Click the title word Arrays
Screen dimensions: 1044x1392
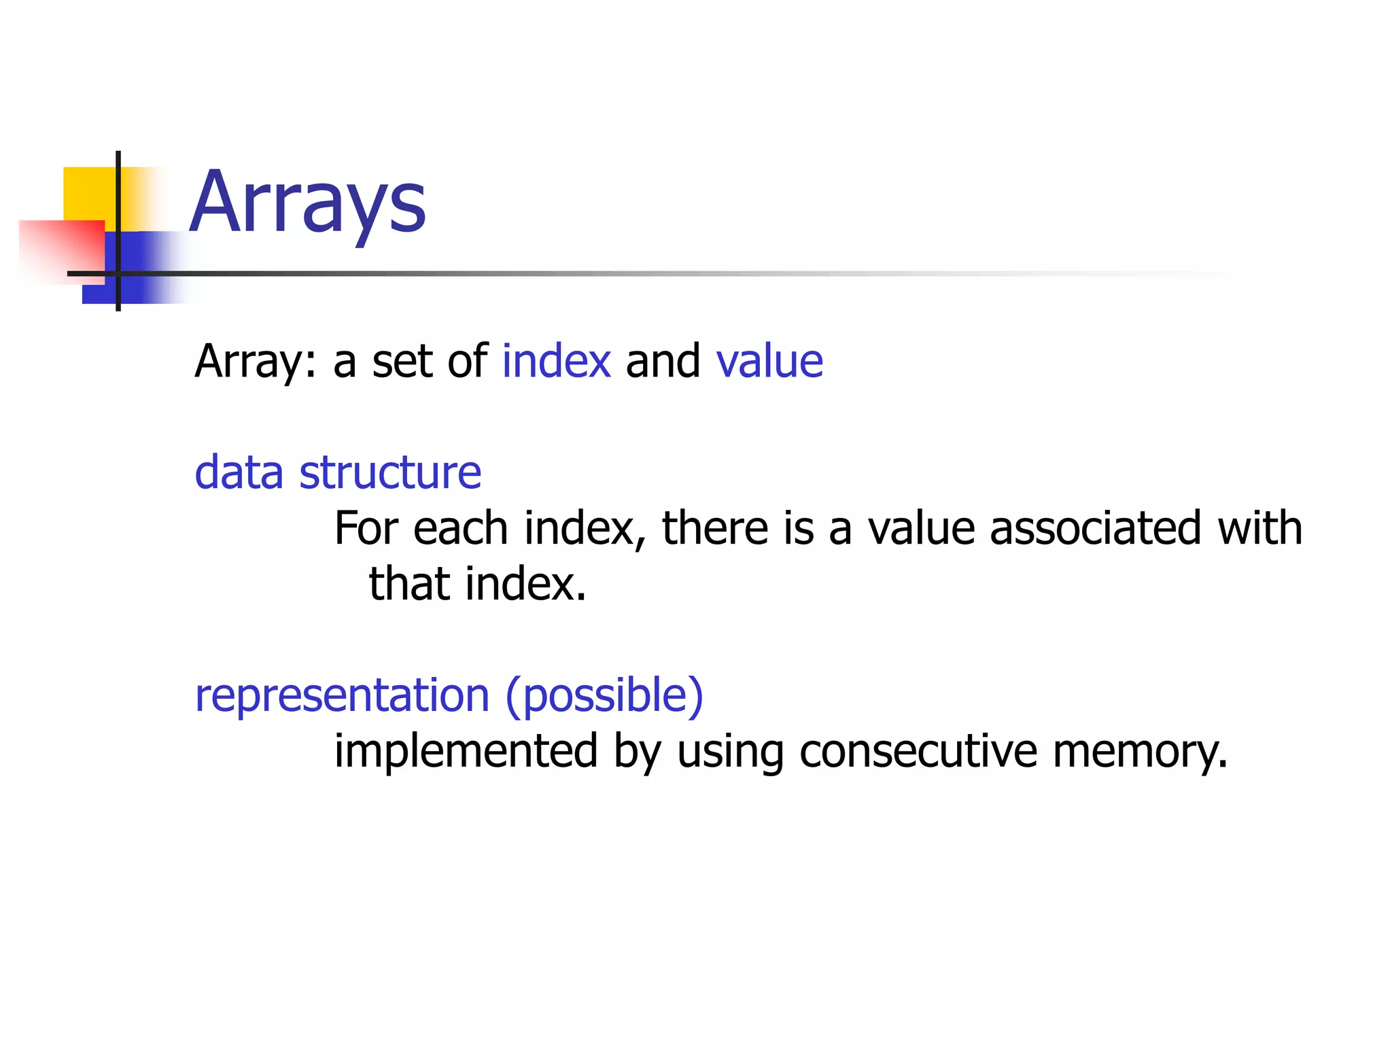click(308, 203)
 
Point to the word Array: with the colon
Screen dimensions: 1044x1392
click(256, 362)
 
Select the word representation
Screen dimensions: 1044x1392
click(342, 697)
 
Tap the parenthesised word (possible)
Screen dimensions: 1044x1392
click(604, 697)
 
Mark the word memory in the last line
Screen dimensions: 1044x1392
click(1140, 752)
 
